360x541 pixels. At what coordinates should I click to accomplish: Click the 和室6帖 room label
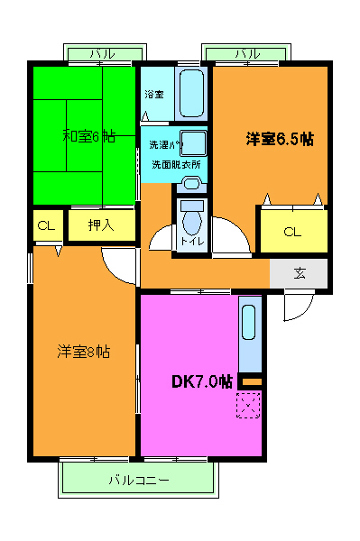88,136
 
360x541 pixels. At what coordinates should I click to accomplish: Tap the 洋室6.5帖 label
280,139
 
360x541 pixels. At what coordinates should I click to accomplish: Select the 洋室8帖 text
85,351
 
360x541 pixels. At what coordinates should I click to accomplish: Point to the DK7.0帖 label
202,381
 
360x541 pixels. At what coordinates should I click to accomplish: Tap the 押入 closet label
101,225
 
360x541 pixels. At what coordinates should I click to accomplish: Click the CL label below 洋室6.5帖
291,232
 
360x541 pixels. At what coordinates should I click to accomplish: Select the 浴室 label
153,94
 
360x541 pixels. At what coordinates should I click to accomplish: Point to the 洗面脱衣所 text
175,164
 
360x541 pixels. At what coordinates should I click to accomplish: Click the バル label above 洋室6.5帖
247,54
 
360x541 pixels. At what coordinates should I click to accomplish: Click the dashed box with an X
249,406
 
